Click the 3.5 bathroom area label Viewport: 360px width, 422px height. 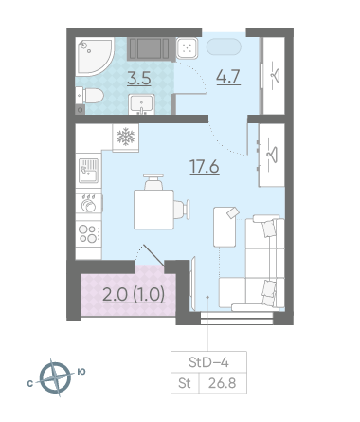139,79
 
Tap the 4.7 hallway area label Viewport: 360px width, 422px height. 228,77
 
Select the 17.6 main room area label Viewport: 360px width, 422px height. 205,167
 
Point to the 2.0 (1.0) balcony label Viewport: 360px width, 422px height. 134,295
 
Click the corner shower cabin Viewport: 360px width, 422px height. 95,56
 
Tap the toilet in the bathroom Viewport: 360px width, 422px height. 90,95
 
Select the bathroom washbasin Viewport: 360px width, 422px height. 141,104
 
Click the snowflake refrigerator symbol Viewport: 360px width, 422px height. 126,137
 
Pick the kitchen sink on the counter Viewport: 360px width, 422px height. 89,171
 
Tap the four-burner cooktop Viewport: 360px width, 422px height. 89,234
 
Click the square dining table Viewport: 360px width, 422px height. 153,210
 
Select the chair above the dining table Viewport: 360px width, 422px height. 153,182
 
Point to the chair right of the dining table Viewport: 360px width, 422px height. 182,210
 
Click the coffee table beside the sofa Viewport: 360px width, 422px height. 225,227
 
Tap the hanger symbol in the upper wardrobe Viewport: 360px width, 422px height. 275,76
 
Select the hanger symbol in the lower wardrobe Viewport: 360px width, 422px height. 273,155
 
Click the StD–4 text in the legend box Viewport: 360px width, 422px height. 208,362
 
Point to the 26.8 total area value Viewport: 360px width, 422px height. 223,383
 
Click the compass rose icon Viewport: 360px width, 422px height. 56,377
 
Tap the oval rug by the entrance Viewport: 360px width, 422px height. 224,46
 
